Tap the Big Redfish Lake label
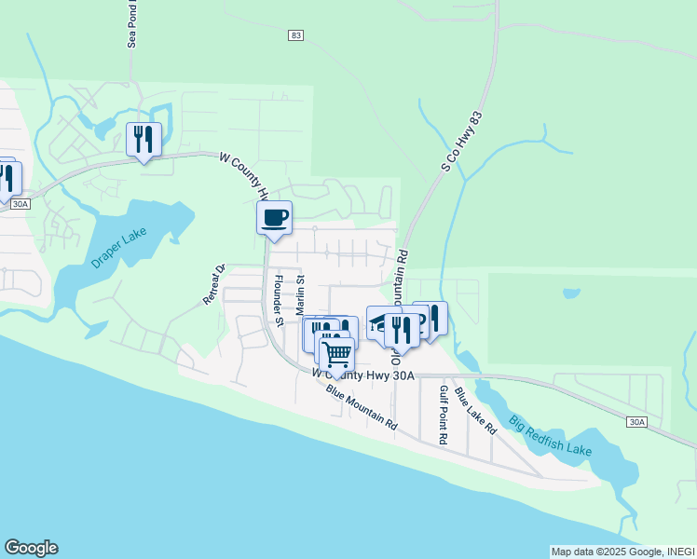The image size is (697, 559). [x=551, y=437]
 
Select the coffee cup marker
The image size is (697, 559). [x=274, y=219]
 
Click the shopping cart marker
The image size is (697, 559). [x=336, y=354]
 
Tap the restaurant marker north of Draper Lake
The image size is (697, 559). [x=143, y=140]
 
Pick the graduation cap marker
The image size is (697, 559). [x=380, y=322]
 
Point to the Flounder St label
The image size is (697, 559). [x=278, y=295]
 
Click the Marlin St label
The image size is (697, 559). [x=300, y=294]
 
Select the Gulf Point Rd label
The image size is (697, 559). [x=444, y=415]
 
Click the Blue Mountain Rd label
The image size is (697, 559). [x=361, y=406]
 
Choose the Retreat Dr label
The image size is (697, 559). [x=215, y=286]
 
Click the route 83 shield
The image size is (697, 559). [x=296, y=34]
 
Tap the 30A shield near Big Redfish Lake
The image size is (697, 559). [x=636, y=422]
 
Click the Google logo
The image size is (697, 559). [x=31, y=548]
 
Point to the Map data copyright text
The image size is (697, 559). [x=622, y=552]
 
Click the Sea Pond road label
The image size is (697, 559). [x=133, y=23]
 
